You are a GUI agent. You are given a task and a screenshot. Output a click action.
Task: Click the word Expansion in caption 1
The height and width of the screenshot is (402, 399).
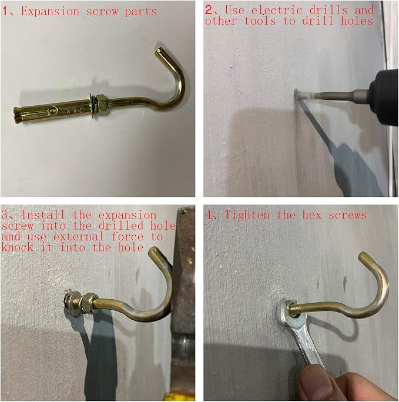coord(50,12)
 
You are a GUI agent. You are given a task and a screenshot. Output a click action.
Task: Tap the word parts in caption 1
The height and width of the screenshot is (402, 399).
coord(140,12)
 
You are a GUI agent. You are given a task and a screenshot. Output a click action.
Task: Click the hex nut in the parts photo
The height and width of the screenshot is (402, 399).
coord(102,105)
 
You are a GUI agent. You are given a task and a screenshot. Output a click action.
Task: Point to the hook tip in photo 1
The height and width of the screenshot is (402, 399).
coord(159,51)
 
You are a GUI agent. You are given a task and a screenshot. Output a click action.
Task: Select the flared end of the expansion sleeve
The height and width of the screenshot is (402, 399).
coord(18,116)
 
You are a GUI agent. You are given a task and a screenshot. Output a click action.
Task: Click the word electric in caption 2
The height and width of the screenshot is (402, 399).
coord(277,10)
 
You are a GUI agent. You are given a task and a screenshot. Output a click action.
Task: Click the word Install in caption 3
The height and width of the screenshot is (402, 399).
coord(43,215)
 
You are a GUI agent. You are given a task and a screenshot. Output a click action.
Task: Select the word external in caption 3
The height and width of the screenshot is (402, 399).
coord(78,236)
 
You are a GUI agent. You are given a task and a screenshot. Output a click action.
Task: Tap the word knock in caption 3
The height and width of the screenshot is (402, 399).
coord(18,247)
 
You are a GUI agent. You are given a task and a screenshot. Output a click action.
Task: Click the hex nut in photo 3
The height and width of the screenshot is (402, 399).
coord(88,303)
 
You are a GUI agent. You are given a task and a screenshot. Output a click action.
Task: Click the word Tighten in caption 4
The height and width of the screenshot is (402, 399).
coord(247,215)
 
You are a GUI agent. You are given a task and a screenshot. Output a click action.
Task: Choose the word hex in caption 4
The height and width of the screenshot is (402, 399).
coord(312,215)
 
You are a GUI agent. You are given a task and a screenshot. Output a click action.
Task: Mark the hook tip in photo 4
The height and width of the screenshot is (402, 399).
coord(363,256)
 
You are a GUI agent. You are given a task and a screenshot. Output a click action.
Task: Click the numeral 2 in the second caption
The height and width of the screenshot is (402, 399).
coord(209,10)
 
